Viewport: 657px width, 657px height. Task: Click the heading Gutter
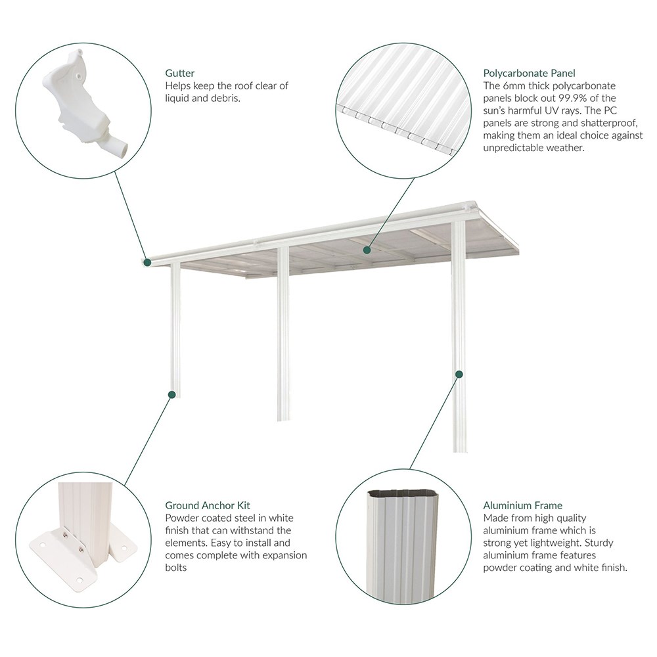(179, 74)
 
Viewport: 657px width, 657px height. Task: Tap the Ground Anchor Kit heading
(208, 505)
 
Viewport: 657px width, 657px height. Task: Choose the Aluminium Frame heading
(522, 505)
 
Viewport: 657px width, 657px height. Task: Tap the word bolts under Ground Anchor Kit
(176, 567)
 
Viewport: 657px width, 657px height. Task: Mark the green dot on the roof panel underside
(368, 250)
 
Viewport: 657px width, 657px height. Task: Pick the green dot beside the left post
(171, 395)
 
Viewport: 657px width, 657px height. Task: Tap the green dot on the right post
(459, 374)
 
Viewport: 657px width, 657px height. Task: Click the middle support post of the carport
(283, 335)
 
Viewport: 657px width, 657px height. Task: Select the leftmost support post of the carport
(175, 328)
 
